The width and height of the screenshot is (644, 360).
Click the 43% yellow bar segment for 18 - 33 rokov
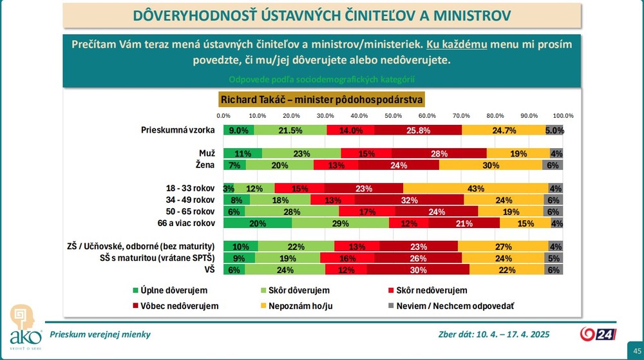pyautogui.click(x=476, y=188)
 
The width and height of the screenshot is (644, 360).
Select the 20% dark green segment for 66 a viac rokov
pyautogui.click(x=258, y=223)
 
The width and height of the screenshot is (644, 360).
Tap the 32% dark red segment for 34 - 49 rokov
pyautogui.click(x=409, y=200)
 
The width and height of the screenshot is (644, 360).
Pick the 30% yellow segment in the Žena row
pyautogui.click(x=491, y=165)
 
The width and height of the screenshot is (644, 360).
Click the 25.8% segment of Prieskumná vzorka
pyautogui.click(x=418, y=130)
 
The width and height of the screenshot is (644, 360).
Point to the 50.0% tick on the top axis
pyautogui.click(x=393, y=116)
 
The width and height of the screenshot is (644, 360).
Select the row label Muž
pyautogui.click(x=207, y=153)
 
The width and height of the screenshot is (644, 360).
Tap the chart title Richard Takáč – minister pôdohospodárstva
pyautogui.click(x=321, y=100)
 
